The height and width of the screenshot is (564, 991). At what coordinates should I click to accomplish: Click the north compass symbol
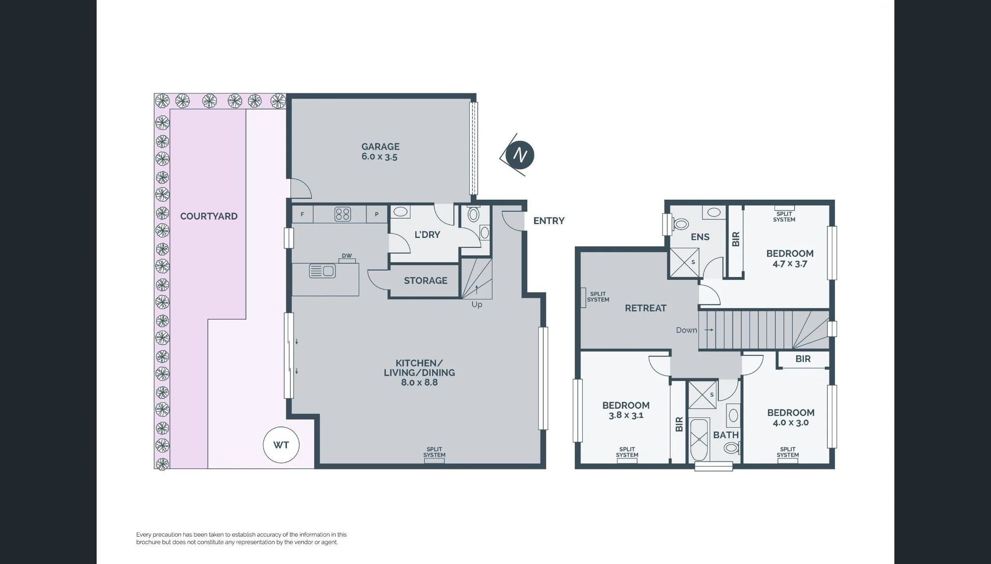[x=518, y=155]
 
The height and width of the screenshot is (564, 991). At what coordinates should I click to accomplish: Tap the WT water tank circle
[x=281, y=445]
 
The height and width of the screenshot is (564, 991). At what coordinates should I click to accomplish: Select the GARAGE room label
[x=380, y=147]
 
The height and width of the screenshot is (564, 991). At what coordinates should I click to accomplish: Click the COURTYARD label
[x=209, y=216]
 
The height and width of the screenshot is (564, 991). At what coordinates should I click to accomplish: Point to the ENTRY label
[x=549, y=221]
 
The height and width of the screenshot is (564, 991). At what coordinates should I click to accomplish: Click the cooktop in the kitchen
[x=343, y=214]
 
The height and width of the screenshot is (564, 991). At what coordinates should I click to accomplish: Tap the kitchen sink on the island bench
[x=322, y=271]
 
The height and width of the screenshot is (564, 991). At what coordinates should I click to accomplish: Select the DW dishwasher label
[x=347, y=256]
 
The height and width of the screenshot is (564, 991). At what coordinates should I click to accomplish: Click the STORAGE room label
[x=426, y=281]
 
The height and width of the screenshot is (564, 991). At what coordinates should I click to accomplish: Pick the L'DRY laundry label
[x=427, y=234]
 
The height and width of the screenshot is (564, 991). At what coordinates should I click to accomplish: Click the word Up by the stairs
[x=477, y=304]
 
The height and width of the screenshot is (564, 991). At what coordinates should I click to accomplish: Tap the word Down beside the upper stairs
[x=686, y=330]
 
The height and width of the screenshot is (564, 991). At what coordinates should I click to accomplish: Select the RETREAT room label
[x=646, y=308]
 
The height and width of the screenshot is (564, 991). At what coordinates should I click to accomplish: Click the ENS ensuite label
[x=700, y=237]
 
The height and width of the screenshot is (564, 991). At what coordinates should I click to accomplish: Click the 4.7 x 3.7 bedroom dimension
[x=790, y=264]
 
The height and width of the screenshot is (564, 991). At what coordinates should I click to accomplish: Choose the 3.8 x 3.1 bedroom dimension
[x=626, y=415]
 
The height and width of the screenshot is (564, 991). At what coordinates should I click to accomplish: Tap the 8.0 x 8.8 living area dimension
[x=419, y=383]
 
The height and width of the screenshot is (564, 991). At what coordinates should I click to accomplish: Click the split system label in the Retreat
[x=598, y=297]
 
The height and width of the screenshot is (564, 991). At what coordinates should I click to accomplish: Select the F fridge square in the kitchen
[x=302, y=215]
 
